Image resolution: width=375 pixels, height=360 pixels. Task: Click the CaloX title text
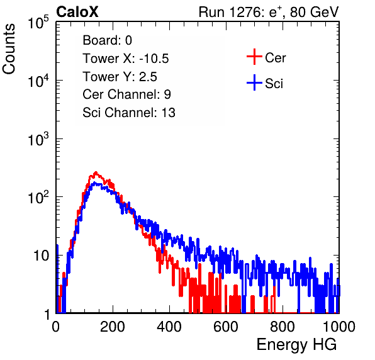(77, 12)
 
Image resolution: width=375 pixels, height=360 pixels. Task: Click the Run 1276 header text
(269, 12)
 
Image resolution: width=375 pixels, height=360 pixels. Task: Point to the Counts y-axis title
(9, 49)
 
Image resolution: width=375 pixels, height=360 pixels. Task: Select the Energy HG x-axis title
(296, 345)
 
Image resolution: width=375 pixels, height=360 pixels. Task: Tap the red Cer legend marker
(254, 57)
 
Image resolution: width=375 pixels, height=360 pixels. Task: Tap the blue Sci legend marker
(254, 83)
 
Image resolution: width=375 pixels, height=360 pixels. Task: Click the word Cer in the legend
(275, 58)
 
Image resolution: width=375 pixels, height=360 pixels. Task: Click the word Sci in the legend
(274, 84)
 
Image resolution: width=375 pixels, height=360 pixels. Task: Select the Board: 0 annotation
(107, 40)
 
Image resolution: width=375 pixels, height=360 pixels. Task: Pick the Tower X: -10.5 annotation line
(126, 59)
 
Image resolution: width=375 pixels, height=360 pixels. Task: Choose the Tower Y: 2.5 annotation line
(120, 77)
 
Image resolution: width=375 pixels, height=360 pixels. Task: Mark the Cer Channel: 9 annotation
(126, 94)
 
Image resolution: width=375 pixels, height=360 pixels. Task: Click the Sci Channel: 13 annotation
(129, 113)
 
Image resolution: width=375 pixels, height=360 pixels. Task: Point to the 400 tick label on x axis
(169, 327)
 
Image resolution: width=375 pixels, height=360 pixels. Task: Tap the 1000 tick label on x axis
(339, 327)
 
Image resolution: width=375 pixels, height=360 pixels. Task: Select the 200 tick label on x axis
(113, 327)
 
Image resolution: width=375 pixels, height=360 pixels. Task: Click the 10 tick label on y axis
(42, 256)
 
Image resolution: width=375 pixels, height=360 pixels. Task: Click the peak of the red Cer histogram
(96, 172)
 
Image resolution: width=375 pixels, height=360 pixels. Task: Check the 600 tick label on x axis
(226, 327)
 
